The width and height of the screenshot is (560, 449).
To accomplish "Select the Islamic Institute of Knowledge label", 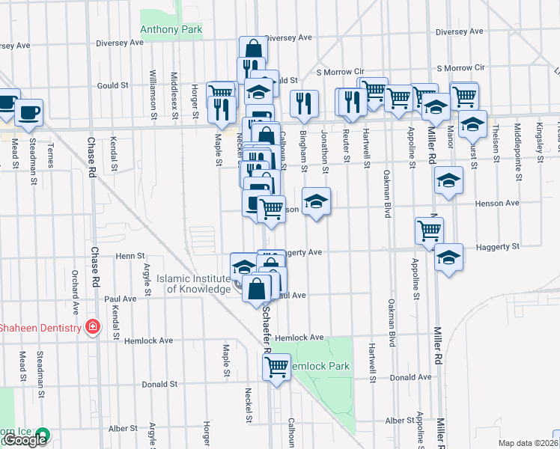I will (194, 284).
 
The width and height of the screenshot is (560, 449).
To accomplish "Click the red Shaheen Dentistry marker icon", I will (92, 328).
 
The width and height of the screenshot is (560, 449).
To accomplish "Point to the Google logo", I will (25, 440).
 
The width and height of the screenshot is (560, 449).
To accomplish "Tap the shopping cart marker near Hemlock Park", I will (277, 367).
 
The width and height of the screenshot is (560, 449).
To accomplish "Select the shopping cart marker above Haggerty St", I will (430, 230).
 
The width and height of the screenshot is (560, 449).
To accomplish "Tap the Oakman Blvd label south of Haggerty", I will (391, 323).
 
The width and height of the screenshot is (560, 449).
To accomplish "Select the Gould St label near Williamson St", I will (112, 86).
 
